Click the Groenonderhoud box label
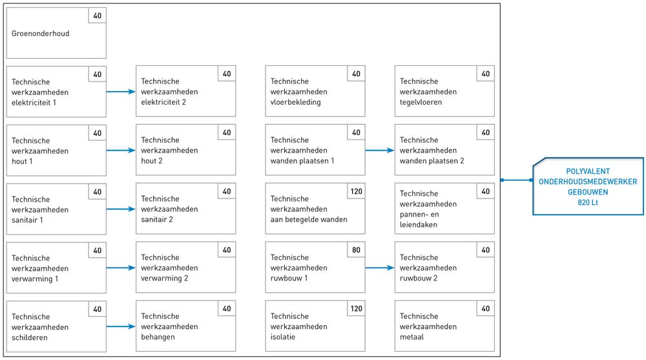coord(40,34)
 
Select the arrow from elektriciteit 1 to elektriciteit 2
coord(121,92)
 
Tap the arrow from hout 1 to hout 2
coord(121,151)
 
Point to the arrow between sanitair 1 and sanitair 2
coord(121,209)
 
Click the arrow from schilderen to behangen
coord(121,326)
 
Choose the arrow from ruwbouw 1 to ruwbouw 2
coord(380,268)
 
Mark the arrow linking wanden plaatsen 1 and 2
coord(380,151)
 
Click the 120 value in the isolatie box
coord(357,308)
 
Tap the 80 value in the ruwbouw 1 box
coord(357,250)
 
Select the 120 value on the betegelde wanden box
coord(357,191)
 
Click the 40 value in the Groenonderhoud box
coord(98,16)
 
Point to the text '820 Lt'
coord(588,202)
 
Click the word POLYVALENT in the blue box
coord(588,171)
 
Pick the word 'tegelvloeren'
coord(421,102)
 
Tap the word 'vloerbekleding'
coord(295,102)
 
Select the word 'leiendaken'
coord(418,225)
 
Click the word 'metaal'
coord(412,337)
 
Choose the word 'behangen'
coord(158,337)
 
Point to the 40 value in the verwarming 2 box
coord(227,250)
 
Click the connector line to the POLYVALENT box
coord(517,180)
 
